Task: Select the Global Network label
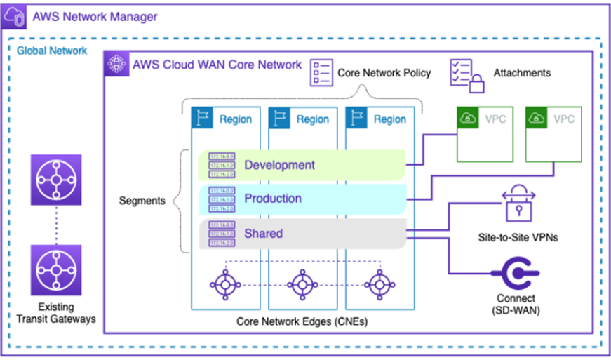coord(52,51)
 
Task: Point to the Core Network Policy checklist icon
coord(321,72)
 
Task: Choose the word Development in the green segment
coord(279,166)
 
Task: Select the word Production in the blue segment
coord(273,199)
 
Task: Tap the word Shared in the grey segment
coord(263,233)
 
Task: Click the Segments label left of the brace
coord(142,201)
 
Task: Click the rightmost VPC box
coord(553,134)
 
